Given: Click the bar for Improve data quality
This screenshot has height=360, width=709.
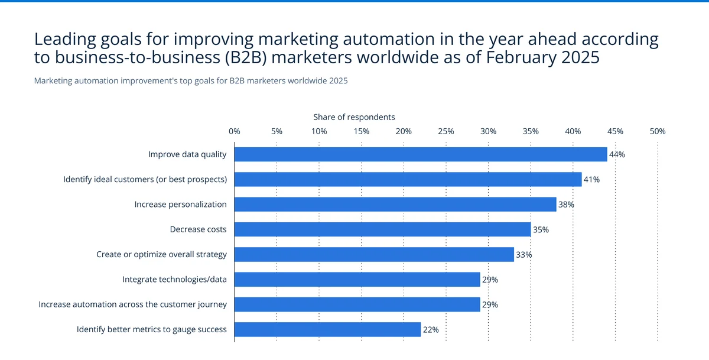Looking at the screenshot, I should [421, 154].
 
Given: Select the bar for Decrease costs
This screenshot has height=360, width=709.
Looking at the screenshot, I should [382, 229].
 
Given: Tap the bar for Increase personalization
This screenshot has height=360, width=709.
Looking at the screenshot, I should [395, 205].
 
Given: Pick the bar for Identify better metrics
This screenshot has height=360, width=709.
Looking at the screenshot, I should [327, 329].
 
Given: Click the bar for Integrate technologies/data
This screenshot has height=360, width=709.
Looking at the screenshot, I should [357, 280].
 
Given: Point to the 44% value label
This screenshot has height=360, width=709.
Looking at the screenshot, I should [617, 155].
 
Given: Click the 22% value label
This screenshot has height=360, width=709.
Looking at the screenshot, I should [430, 330].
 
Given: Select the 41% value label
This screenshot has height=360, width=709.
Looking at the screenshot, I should [591, 180].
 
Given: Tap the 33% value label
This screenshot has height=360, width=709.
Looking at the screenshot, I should [523, 255].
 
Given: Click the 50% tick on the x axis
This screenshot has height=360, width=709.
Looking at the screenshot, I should [658, 131].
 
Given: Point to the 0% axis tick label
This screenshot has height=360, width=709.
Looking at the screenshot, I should [235, 131].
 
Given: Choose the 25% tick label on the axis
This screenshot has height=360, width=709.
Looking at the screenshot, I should [446, 131].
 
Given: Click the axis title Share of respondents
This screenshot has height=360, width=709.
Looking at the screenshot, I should [354, 117].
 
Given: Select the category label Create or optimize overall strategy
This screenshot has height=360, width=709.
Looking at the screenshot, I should [161, 255].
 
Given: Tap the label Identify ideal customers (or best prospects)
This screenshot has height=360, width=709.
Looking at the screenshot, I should [145, 180].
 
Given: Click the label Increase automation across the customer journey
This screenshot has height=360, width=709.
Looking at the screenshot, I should [132, 304].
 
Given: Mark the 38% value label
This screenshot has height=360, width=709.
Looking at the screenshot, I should [566, 205].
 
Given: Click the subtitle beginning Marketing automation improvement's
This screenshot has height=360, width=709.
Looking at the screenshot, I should [191, 81].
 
